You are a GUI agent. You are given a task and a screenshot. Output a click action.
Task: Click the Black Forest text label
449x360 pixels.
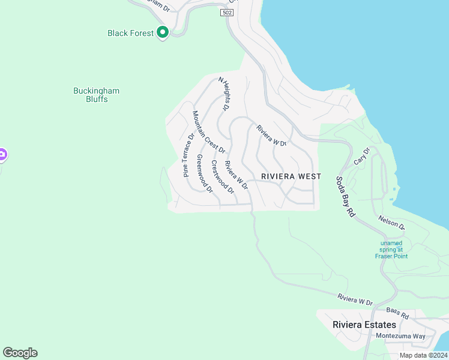131,33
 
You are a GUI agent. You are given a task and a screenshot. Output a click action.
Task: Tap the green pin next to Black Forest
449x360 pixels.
162,32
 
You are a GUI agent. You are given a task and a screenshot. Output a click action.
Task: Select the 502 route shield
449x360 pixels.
226,13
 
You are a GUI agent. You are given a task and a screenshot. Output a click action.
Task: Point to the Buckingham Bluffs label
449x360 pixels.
96,95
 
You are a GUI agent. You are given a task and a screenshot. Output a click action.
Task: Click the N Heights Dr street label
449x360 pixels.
223,94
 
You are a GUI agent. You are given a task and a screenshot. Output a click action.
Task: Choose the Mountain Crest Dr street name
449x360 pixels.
209,132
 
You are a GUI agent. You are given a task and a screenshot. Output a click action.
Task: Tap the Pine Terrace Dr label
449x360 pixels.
188,155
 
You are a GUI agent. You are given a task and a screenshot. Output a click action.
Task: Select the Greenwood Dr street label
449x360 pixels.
205,174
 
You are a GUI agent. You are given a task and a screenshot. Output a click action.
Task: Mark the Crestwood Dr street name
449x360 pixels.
222,177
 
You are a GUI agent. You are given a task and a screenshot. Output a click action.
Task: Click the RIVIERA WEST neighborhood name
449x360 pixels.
291,176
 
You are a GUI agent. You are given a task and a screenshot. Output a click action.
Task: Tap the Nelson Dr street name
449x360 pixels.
392,223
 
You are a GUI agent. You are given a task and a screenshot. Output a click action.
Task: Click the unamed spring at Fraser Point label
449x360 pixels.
391,250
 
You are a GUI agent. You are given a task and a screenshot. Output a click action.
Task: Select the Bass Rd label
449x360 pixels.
397,312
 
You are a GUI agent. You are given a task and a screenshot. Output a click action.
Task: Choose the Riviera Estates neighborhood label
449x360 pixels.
364,325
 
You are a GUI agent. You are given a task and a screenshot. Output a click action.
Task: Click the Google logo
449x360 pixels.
20,353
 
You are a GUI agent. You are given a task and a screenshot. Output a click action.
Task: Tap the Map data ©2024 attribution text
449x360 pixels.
423,355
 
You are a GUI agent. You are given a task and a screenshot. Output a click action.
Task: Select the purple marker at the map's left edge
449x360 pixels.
2,155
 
